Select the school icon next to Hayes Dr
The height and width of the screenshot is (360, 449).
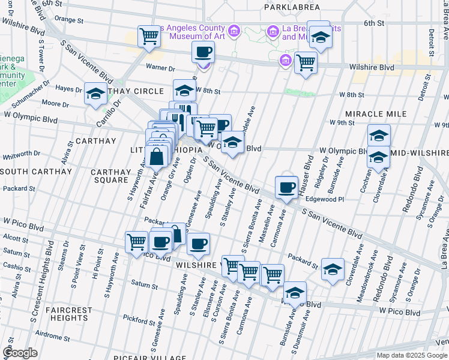coord(95,94)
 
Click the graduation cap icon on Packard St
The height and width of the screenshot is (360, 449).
coord(333,269)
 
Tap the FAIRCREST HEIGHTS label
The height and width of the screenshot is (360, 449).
coord(70,314)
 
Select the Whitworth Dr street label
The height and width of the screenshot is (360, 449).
coord(22,154)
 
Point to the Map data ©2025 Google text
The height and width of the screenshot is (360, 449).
coord(411,355)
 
